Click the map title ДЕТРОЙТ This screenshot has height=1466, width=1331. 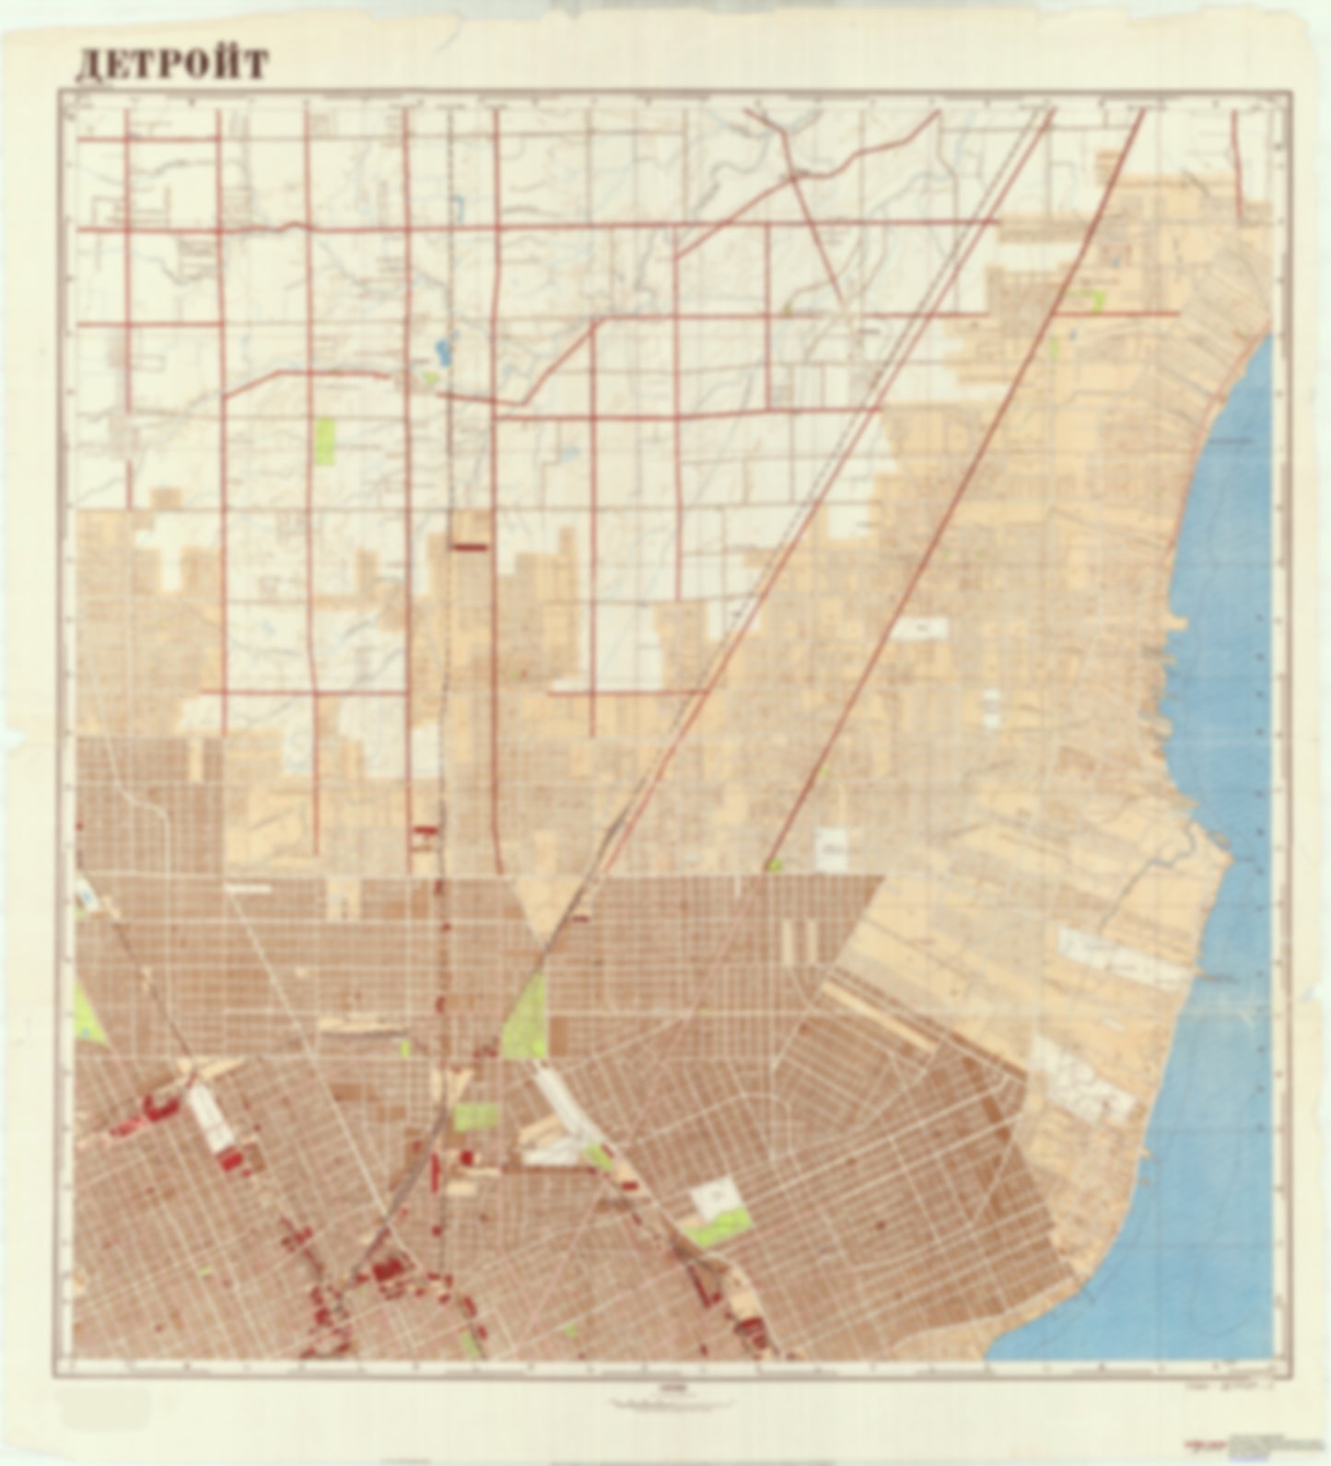pyautogui.click(x=171, y=65)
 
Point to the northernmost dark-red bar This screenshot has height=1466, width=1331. pyautogui.click(x=470, y=545)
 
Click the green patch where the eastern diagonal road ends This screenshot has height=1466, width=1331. pyautogui.click(x=776, y=865)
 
